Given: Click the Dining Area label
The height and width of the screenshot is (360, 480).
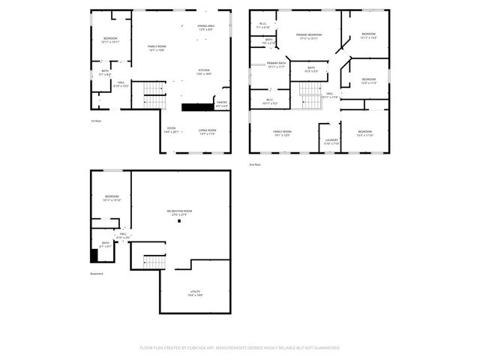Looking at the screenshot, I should click(x=205, y=28).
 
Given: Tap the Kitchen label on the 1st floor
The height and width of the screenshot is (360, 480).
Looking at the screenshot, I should click(x=204, y=72).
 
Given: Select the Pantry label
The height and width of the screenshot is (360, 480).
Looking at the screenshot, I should click(x=222, y=103).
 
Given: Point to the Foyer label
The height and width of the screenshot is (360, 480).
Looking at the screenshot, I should click(x=171, y=129).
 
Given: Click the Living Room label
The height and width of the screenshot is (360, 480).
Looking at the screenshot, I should click(x=208, y=132).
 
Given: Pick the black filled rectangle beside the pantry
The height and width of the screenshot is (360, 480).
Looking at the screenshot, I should click(x=197, y=107).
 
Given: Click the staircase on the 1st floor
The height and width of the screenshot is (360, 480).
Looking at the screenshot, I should click(x=154, y=94).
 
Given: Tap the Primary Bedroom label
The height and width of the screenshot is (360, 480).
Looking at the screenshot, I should click(x=308, y=37).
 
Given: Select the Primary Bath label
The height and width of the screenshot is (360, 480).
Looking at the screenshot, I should click(x=277, y=65).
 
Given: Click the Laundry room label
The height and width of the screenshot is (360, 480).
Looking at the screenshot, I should click(x=331, y=140).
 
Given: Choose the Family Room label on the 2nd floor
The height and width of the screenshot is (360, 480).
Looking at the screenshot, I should click(x=282, y=133).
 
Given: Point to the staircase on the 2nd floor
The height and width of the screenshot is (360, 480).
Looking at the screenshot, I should click(x=310, y=94).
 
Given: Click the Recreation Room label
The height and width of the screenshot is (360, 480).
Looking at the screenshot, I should click(x=179, y=212).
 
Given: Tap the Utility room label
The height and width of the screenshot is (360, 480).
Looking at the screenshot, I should click(x=195, y=293).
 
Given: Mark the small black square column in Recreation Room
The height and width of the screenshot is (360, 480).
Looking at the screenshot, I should click(x=179, y=221).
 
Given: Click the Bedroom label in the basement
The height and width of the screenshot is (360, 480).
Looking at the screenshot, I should click(x=111, y=198).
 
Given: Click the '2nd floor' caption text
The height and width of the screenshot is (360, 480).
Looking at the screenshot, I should click(x=255, y=163).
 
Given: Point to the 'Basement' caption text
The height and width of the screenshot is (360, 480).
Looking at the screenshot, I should click(x=97, y=274).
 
